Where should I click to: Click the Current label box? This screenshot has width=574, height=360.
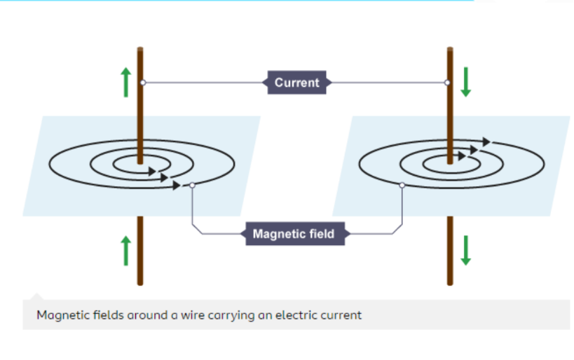296,83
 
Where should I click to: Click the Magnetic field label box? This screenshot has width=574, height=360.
294,234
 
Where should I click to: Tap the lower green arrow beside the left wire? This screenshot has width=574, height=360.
125,251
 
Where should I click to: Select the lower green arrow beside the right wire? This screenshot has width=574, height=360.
466,251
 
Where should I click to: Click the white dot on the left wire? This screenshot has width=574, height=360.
142,83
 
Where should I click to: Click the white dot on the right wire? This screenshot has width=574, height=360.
447,83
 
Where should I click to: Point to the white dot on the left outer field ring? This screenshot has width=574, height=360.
191,186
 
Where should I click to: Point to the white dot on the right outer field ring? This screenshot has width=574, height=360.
402,186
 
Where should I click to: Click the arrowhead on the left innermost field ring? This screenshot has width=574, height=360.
150,169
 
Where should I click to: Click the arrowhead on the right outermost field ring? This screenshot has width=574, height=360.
486,141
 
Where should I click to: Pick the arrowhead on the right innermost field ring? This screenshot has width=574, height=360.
462,156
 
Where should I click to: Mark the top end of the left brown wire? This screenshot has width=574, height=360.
140,49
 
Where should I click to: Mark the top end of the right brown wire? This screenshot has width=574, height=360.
450,49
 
